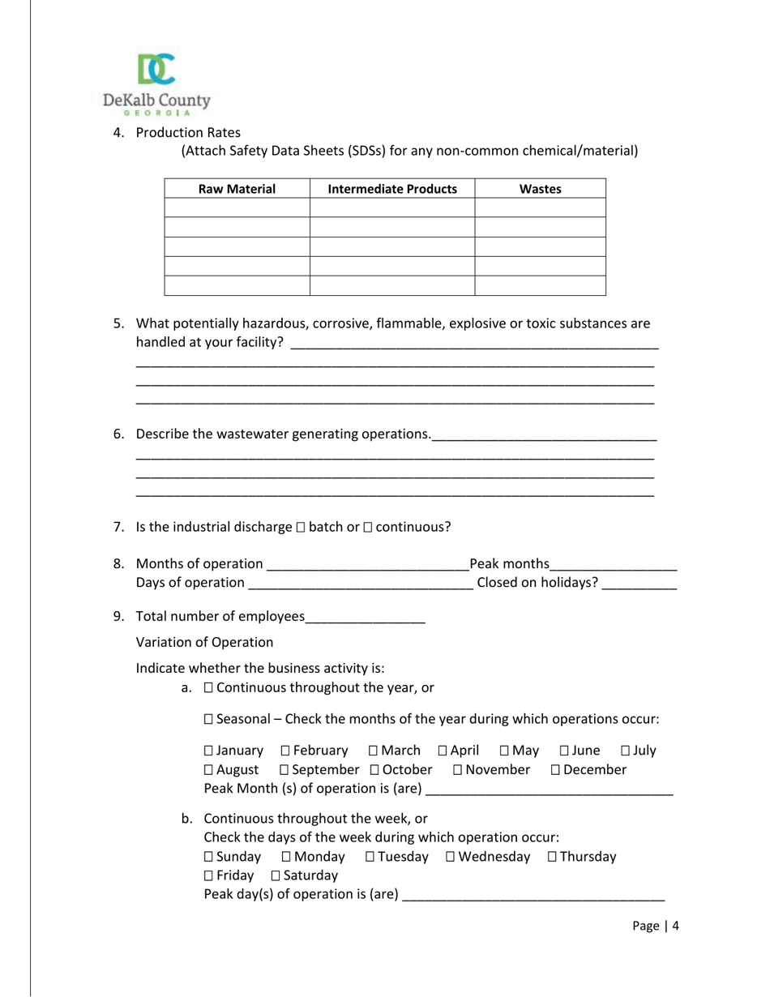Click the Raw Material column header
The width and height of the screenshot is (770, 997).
point(237,189)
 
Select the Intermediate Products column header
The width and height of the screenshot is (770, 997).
point(392,189)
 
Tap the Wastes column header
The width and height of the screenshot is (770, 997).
point(540,189)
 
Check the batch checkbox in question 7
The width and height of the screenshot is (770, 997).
point(301,528)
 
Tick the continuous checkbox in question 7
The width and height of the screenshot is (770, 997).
point(368,528)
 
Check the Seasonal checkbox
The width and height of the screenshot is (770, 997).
point(209,719)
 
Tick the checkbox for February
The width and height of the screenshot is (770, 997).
point(285,751)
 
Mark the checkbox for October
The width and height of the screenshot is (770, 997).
point(374,770)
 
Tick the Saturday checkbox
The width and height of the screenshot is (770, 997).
point(276,876)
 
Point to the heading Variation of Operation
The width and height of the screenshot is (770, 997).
point(204,643)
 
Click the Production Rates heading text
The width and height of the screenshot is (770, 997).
point(188,133)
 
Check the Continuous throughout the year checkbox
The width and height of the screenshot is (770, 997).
point(209,688)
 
